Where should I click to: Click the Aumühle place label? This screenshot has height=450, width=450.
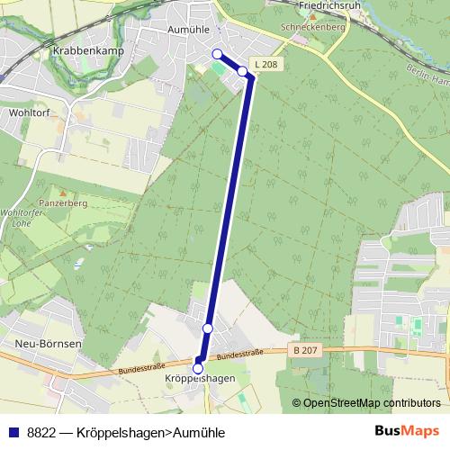(188, 29)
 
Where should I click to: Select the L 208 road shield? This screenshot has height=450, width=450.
(265, 64)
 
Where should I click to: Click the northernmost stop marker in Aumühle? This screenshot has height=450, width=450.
(217, 54)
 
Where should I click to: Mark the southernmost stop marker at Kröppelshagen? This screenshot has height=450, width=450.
(198, 368)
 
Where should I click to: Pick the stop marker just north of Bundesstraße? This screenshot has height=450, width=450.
(208, 328)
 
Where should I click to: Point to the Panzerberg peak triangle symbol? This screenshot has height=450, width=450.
(62, 193)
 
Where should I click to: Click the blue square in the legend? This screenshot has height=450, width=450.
(11, 432)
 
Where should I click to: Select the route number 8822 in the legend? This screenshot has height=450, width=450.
(40, 432)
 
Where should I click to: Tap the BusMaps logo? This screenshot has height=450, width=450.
(409, 431)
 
